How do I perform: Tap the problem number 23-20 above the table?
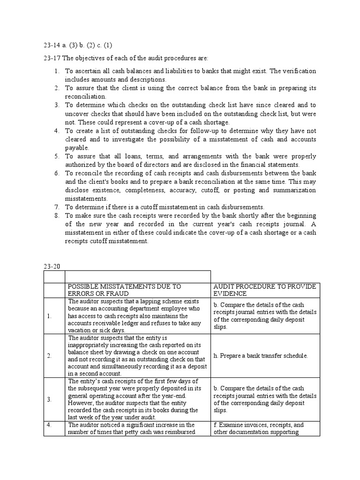(x=50, y=267)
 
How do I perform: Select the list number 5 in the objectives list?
(x=56, y=156)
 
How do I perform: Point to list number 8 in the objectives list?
(x=56, y=216)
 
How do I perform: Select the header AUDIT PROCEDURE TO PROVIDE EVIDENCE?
(x=265, y=290)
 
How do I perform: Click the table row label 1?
(x=49, y=316)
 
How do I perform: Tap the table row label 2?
(x=49, y=356)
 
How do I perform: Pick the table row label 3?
(x=49, y=399)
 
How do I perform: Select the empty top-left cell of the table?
(x=54, y=276)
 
